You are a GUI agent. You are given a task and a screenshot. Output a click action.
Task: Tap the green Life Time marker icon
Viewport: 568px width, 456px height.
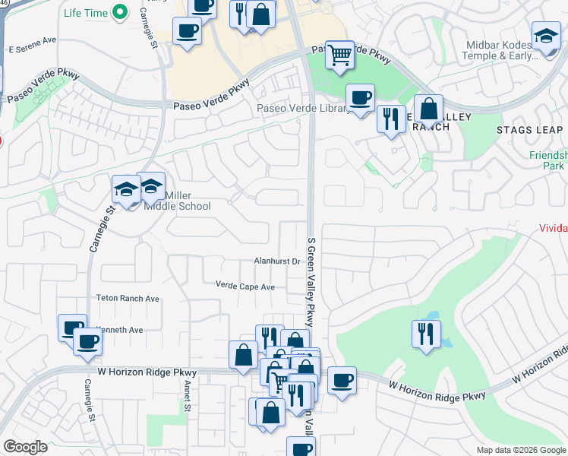click(119, 12)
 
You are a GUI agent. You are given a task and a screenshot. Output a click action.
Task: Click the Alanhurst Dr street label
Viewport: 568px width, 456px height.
click(278, 261)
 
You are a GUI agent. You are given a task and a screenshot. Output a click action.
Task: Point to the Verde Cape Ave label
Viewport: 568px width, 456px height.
click(245, 287)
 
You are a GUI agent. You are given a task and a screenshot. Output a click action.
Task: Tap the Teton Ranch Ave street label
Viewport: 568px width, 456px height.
click(128, 299)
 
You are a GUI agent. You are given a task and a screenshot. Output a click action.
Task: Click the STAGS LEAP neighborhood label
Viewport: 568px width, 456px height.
click(529, 130)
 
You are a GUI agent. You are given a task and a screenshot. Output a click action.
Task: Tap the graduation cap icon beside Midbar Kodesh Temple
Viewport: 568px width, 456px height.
click(546, 37)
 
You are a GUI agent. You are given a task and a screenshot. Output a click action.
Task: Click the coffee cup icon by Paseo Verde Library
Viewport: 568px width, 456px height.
click(361, 97)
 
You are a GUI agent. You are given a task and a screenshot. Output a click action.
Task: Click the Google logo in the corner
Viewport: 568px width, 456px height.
click(25, 447)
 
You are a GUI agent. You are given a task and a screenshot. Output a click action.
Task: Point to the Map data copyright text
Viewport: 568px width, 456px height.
click(521, 450)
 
